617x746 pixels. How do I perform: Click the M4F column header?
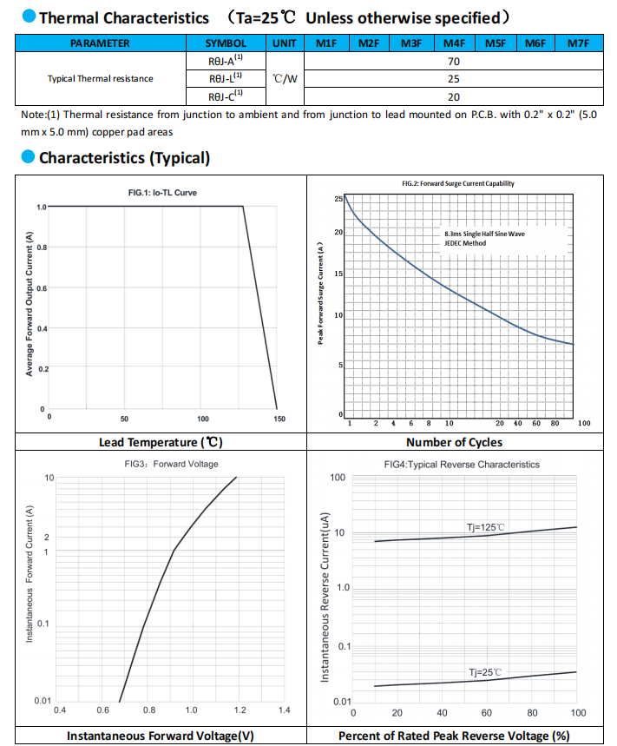coord(454,43)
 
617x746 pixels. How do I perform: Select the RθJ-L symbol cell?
coord(226,78)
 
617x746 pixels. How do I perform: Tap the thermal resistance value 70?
coord(454,62)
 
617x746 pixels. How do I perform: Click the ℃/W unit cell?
coord(285,78)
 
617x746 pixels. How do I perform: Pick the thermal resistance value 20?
coord(454,97)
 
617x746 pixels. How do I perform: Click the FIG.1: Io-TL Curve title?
coord(162,193)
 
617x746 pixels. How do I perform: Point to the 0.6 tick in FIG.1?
coord(42,288)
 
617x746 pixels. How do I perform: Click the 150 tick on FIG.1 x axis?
coord(279,419)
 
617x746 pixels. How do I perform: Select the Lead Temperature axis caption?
coord(161,442)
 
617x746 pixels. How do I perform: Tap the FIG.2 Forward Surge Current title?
coord(457,183)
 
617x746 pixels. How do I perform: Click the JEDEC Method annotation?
coord(465,243)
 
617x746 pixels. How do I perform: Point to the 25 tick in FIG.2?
coord(338,199)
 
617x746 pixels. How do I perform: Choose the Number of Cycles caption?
coord(454,442)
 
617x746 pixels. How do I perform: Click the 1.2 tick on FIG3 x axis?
coord(240,710)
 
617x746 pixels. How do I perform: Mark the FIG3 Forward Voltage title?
coord(171,464)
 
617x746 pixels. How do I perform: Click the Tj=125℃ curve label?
coord(485,527)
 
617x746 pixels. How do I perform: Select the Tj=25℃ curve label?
coord(485,672)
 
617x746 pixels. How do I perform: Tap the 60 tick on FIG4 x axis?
coord(486,713)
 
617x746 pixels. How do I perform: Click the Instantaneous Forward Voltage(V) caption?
coord(161,736)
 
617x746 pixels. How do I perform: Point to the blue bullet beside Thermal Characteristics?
coord(29,17)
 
